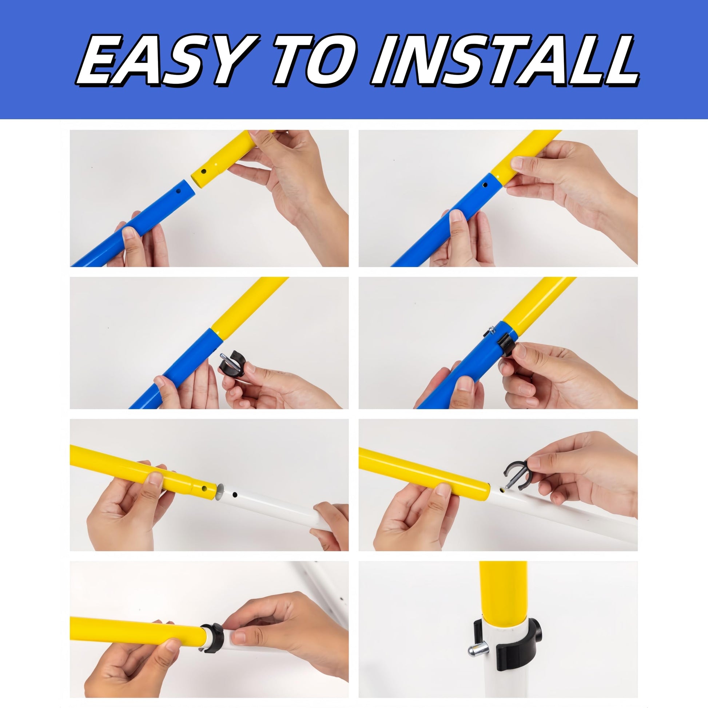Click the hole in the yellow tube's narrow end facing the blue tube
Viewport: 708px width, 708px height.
pos(204,171)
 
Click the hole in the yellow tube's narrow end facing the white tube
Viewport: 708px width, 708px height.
pos(204,489)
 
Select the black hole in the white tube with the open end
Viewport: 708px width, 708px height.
pos(235,495)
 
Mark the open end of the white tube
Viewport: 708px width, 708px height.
pos(220,492)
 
